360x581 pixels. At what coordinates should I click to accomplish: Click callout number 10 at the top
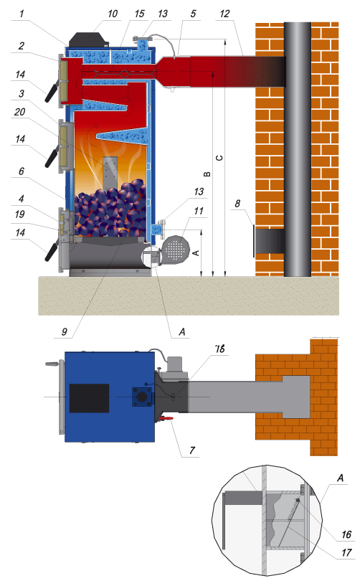tap(113, 14)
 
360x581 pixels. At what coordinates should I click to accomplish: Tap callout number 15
tap(139, 14)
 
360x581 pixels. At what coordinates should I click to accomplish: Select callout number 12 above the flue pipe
tap(224, 14)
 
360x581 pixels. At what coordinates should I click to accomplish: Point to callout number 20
tap(20, 112)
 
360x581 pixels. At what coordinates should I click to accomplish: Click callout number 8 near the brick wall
tap(237, 204)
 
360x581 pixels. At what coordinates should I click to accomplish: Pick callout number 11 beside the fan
tap(199, 211)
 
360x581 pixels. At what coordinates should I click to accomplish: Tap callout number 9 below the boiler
tap(65, 331)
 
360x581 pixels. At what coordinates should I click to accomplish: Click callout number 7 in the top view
tap(192, 450)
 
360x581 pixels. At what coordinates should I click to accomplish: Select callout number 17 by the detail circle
tap(346, 553)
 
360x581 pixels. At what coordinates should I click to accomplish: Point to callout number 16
tap(346, 534)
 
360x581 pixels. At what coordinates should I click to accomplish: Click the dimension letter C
tap(219, 158)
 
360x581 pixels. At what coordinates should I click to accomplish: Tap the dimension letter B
tap(207, 174)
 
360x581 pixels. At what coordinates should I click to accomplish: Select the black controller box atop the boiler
tap(87, 39)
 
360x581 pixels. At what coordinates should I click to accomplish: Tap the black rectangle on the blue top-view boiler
tap(89, 398)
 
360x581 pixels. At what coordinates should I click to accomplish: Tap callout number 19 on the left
tap(20, 214)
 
